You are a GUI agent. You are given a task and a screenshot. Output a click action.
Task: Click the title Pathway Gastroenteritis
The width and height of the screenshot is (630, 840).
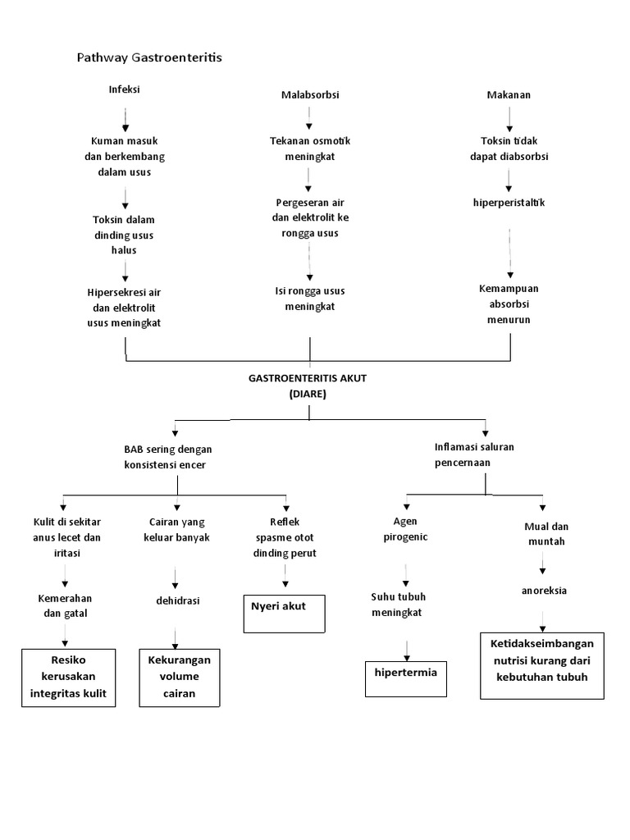(149, 57)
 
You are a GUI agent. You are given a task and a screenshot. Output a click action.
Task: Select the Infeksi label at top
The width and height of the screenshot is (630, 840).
(125, 89)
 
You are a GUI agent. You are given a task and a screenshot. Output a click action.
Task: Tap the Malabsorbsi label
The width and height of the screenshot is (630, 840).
(309, 95)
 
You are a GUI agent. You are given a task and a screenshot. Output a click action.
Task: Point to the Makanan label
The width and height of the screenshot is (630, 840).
(509, 94)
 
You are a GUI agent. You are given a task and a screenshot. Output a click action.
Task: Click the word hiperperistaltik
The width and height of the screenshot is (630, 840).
(509, 202)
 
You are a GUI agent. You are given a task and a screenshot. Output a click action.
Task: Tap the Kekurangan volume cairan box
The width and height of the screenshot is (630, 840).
(179, 678)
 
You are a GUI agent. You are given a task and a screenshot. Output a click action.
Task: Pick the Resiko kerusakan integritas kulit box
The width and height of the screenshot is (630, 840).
(68, 678)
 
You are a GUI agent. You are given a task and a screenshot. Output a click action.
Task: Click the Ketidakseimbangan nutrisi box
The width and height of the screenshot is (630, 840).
(541, 664)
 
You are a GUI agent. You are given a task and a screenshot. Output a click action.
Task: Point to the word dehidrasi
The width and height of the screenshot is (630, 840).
(177, 600)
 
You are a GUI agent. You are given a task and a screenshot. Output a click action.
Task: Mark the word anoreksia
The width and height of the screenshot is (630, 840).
(544, 590)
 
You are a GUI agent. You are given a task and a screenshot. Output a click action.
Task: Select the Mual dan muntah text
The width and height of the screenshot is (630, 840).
(546, 533)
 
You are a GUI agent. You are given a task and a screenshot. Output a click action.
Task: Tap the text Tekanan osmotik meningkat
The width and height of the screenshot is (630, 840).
(309, 148)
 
